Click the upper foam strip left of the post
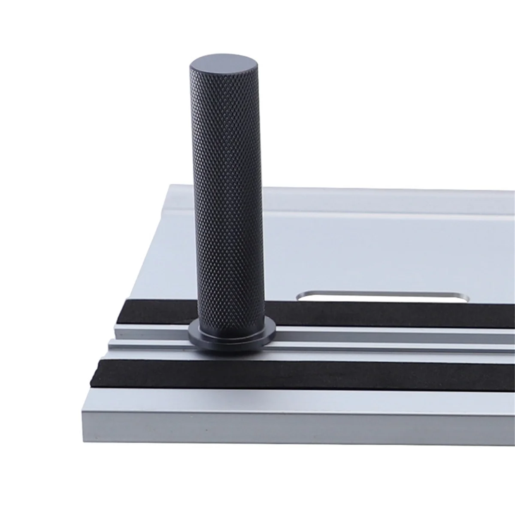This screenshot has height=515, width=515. coord(159,311)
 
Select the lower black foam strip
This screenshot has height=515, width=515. coord(300,373)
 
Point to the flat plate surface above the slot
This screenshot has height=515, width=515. coord(386,253)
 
